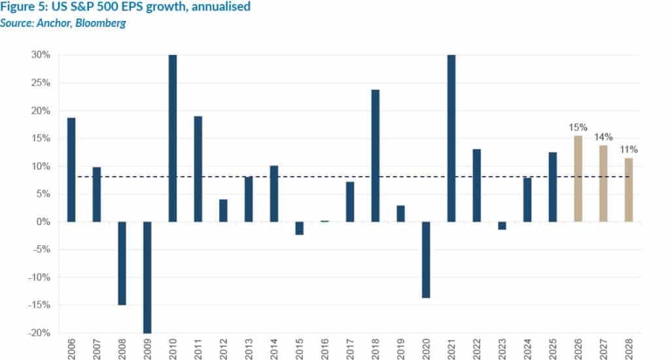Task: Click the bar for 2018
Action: [x=375, y=155]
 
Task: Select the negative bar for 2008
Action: [x=122, y=263]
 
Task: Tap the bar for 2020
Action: [x=426, y=260]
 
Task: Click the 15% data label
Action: [x=578, y=128]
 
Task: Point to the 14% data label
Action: [x=603, y=137]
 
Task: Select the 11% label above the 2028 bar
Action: [x=628, y=149]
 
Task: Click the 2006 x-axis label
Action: [x=71, y=349]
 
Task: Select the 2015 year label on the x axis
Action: [x=300, y=349]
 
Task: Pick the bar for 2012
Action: [x=223, y=210]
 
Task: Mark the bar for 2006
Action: [x=71, y=170]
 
